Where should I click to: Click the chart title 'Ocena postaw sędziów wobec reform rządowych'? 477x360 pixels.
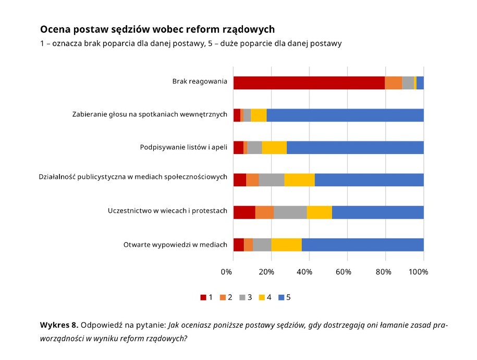coord(157,29)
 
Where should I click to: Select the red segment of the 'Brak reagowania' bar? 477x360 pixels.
coord(309,82)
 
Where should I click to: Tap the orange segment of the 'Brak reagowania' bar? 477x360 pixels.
coord(393,82)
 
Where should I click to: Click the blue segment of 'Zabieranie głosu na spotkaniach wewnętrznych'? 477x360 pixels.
coord(345,115)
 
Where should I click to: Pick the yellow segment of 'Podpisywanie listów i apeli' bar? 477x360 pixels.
coord(274,147)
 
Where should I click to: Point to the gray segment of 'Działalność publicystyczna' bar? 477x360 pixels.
coord(271,179)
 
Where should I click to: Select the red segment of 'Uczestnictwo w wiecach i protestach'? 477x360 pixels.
coord(244,212)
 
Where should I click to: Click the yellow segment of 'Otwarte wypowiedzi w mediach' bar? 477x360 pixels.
coord(286,244)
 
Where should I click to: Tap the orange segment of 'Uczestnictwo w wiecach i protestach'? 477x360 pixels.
coord(264,212)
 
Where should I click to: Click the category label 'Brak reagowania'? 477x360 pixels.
coord(200,81)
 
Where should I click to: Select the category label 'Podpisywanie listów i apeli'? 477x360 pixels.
coord(184,147)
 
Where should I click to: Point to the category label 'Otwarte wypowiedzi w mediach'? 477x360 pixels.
coord(175,244)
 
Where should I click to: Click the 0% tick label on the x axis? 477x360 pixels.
coord(227,272)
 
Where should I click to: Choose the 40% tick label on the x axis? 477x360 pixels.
coord(304,272)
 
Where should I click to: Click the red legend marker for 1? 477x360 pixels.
coord(203,297)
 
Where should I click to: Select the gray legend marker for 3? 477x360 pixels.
coord(242,297)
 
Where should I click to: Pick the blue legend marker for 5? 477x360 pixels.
coord(282,297)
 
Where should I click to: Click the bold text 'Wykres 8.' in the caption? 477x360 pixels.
coord(59,325)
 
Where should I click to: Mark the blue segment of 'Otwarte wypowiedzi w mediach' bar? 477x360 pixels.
coord(362,244)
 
